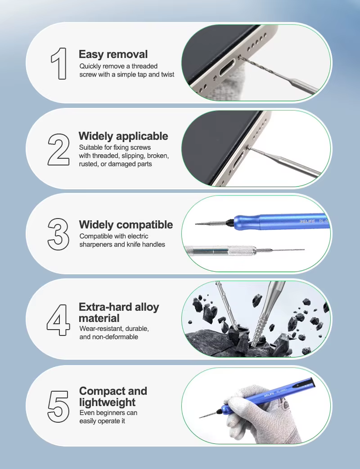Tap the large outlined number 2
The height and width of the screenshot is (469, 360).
click(x=58, y=150)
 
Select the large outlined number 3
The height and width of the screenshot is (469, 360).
click(x=58, y=234)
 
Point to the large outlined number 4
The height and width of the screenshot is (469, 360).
click(x=58, y=320)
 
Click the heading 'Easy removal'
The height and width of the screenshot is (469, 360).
click(x=113, y=54)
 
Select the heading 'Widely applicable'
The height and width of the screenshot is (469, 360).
click(x=123, y=136)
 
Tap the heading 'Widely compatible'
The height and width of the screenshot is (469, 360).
click(x=126, y=225)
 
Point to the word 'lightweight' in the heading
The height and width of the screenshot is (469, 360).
click(x=108, y=402)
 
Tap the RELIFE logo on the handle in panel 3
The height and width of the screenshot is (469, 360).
click(x=307, y=221)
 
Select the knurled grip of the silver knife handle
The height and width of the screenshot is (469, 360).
click(x=242, y=250)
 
